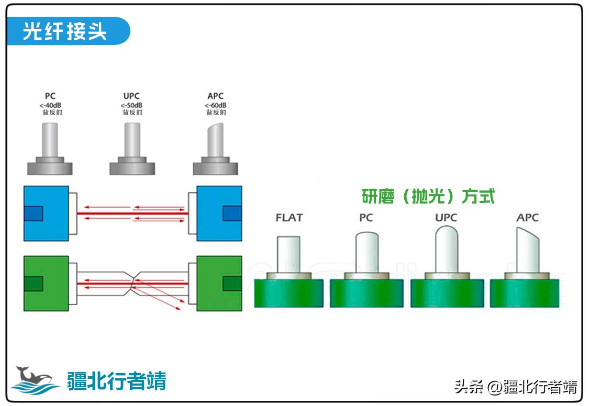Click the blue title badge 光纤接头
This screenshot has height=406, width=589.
click(65, 32)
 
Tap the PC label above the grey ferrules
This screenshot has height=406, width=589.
click(50, 96)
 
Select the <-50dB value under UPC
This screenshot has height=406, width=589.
click(132, 105)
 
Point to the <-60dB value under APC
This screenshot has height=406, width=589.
click(215, 105)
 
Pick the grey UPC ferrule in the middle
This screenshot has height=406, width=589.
click(132, 139)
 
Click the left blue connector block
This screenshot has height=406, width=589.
click(46, 213)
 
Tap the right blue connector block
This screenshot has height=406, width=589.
click(218, 213)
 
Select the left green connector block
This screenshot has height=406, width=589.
click(46, 283)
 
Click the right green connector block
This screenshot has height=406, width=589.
click(218, 283)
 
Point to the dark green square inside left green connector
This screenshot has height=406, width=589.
click(33, 284)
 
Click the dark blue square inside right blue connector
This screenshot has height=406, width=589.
click(232, 213)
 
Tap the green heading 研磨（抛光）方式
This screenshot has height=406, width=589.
click(428, 196)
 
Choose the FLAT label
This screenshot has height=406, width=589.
click(289, 218)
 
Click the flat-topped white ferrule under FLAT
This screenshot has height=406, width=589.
click(288, 254)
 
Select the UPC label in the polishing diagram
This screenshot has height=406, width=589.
click(446, 218)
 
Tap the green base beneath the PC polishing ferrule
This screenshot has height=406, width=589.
click(366, 293)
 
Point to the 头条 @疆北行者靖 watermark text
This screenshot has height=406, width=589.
click(516, 387)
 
